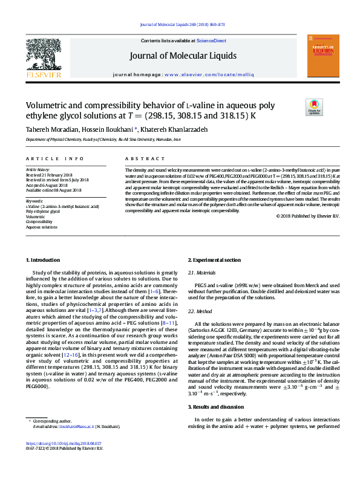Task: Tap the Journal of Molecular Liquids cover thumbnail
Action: [x=322, y=55]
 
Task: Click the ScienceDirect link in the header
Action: [x=211, y=41]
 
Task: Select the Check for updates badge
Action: [x=315, y=108]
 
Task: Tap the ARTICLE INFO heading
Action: [x=54, y=158]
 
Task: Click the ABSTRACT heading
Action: [x=141, y=158]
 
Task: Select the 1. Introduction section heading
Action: [x=44, y=259]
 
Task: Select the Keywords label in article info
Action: [x=34, y=200]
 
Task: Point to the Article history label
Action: [x=38, y=170]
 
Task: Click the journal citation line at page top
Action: [x=182, y=25]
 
